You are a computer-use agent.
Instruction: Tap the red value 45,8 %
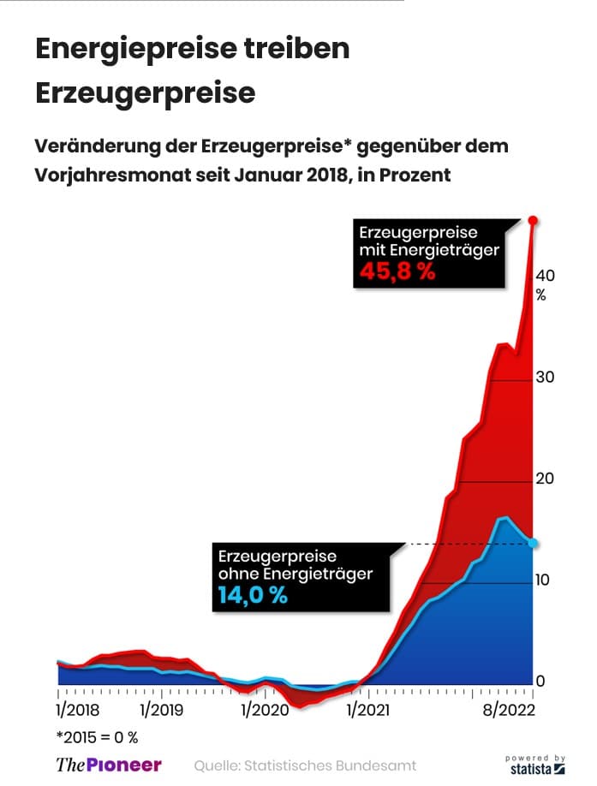tap(397, 273)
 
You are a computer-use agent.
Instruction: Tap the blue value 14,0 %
tap(252, 596)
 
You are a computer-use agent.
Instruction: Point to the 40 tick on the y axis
tap(546, 276)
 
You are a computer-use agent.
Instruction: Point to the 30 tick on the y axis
tap(546, 378)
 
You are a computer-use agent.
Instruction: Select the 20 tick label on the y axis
tap(546, 479)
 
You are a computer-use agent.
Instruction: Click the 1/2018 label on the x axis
tap(77, 710)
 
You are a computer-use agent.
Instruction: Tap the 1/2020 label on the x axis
tap(265, 710)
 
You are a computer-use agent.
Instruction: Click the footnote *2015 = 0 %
tap(97, 736)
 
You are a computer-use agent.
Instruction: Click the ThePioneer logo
tap(108, 765)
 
